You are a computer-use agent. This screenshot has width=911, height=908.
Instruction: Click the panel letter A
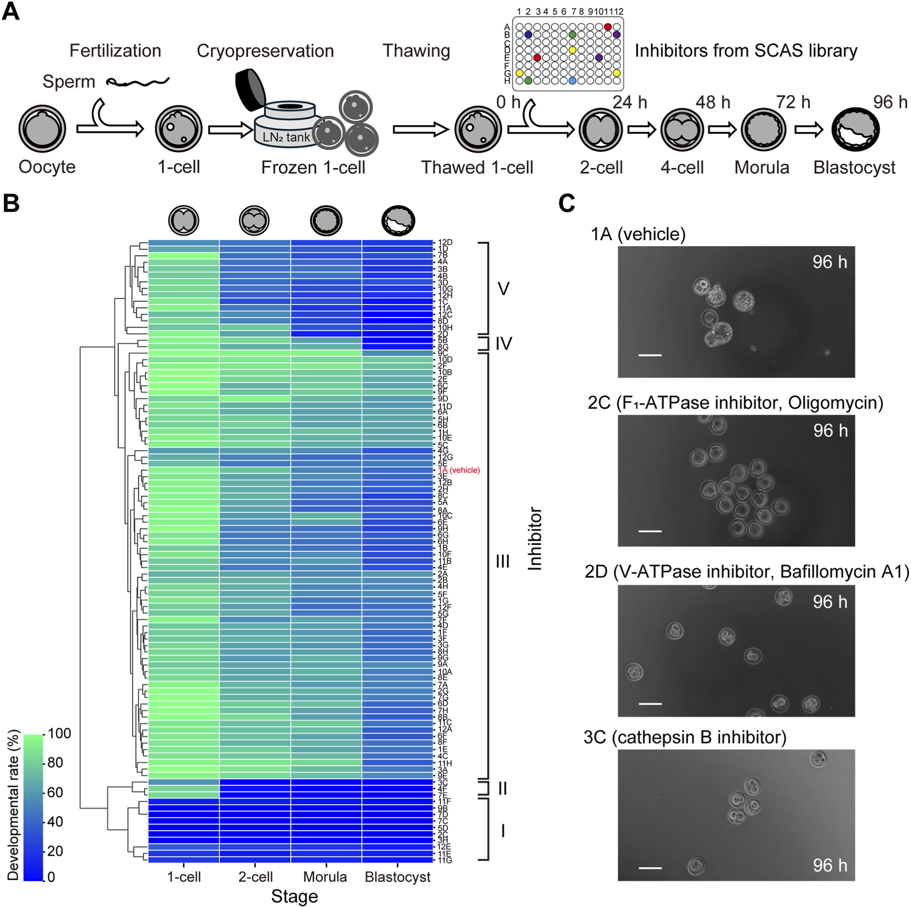(x=11, y=12)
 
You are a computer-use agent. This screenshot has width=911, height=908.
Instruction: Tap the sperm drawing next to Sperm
(x=138, y=82)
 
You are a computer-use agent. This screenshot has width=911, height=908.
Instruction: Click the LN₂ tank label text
(x=286, y=137)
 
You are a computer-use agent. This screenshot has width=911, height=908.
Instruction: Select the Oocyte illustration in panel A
(x=43, y=129)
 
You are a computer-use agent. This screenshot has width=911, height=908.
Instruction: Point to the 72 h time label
(x=793, y=102)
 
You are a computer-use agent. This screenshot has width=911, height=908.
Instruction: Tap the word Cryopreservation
(x=265, y=51)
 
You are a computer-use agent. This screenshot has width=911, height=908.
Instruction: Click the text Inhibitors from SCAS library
(x=746, y=51)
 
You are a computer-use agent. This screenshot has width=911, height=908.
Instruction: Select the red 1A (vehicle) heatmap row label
(x=459, y=470)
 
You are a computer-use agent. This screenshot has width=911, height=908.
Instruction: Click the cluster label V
(x=503, y=289)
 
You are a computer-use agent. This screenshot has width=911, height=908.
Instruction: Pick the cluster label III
(x=502, y=562)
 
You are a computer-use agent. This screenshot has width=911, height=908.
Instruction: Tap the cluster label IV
(x=503, y=344)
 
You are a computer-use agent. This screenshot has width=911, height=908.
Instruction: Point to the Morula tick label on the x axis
(x=325, y=876)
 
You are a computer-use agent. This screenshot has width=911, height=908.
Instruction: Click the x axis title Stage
(x=294, y=896)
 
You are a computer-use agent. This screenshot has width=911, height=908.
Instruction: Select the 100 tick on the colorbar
(x=60, y=734)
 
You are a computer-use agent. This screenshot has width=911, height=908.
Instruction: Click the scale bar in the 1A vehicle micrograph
(x=650, y=355)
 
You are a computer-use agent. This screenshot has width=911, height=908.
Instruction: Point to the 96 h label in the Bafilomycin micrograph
(x=830, y=602)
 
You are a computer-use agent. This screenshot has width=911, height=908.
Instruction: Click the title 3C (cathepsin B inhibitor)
(x=685, y=737)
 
